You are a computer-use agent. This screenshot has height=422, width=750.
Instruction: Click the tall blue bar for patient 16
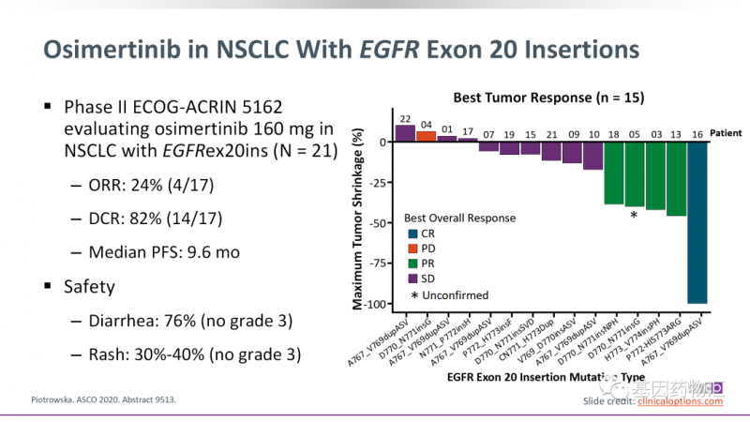[697, 222]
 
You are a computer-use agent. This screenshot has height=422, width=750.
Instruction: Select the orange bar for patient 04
[426, 135]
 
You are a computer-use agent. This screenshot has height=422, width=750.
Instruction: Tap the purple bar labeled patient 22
[405, 132]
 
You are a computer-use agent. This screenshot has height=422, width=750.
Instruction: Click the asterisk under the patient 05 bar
[634, 216]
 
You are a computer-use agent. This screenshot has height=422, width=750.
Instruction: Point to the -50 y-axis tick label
[378, 222]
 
